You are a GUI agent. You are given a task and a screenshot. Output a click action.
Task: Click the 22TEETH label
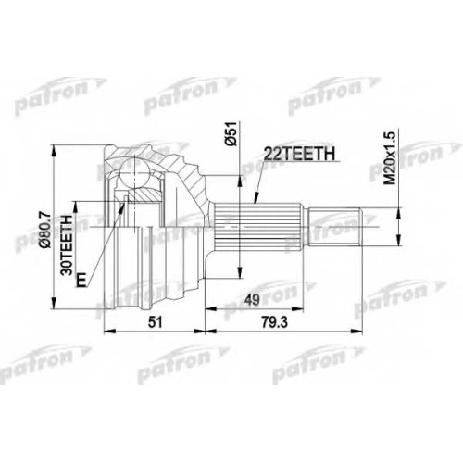click(x=299, y=154)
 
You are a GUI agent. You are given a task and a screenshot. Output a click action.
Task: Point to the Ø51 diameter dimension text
click(x=231, y=133)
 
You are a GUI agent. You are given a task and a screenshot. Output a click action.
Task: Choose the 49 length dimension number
click(x=252, y=299)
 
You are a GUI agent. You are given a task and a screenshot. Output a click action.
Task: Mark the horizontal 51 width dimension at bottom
click(x=155, y=322)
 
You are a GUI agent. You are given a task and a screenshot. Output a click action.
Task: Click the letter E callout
click(x=81, y=280)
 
